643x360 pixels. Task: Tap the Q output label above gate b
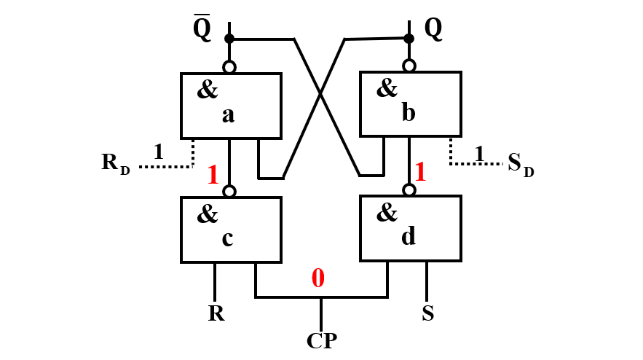click(x=433, y=28)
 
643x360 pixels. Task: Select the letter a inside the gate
click(x=228, y=114)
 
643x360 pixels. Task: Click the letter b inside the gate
click(x=407, y=113)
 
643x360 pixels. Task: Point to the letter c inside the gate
click(x=227, y=239)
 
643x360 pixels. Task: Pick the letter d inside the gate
click(x=408, y=237)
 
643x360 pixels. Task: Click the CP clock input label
click(x=321, y=340)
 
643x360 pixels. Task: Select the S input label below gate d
click(x=428, y=314)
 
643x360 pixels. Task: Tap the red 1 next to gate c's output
click(x=213, y=176)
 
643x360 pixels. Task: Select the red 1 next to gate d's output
click(x=420, y=173)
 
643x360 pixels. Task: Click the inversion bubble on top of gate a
click(x=229, y=67)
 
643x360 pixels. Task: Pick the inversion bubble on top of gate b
click(x=409, y=66)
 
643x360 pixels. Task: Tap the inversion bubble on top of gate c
click(x=229, y=192)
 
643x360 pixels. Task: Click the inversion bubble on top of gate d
click(x=409, y=190)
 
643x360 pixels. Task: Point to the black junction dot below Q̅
click(x=229, y=38)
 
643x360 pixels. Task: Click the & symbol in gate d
click(x=387, y=213)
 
